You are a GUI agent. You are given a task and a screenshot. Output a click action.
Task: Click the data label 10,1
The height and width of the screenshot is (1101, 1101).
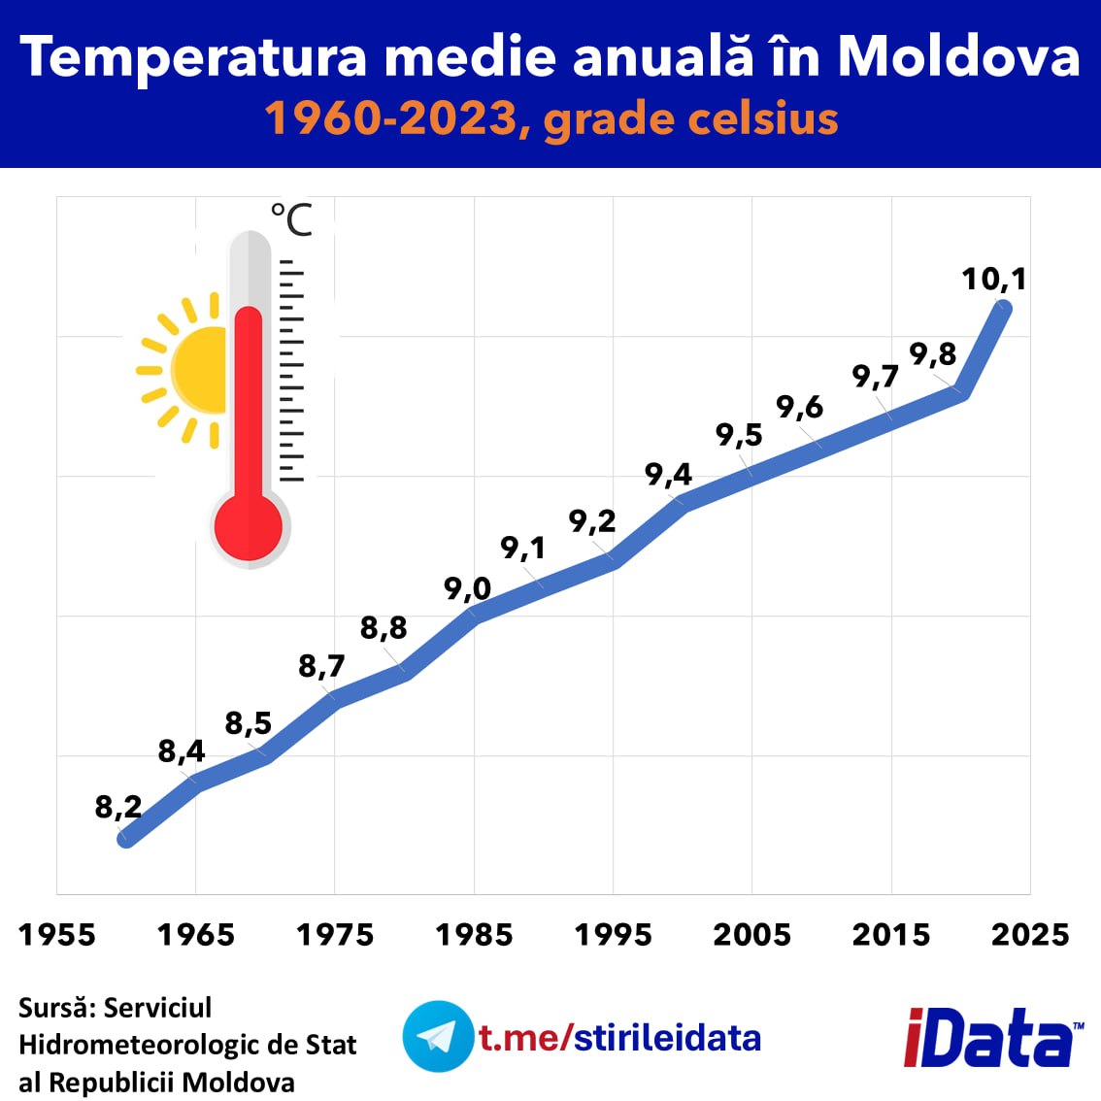point(993,280)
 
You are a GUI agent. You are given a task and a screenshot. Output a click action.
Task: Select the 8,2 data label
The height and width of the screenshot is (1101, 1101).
point(118,808)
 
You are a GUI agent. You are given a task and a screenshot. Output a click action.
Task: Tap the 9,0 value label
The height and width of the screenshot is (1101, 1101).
point(467,588)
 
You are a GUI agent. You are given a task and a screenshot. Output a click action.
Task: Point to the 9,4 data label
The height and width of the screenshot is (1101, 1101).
point(668,475)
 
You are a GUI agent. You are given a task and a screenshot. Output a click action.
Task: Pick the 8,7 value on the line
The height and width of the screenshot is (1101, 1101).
point(321,666)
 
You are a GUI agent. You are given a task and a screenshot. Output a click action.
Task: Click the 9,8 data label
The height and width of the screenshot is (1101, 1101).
point(933,353)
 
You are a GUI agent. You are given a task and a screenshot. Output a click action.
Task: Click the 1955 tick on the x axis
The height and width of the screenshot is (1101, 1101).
point(57,935)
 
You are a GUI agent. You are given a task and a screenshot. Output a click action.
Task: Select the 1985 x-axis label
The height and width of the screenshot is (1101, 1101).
point(474,935)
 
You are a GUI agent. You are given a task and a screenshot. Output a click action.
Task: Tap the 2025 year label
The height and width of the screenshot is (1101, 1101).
point(1030,935)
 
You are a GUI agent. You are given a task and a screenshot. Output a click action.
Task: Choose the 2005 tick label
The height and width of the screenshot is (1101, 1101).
point(752,935)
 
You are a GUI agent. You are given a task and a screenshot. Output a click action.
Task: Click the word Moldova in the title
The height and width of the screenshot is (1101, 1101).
point(959,55)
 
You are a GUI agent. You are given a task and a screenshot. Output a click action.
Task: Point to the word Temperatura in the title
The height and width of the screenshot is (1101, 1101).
point(193,58)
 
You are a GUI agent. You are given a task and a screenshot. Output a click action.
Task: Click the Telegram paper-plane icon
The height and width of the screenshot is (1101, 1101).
point(438,1036)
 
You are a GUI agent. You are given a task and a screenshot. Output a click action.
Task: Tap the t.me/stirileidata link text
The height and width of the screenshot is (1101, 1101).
point(620,1037)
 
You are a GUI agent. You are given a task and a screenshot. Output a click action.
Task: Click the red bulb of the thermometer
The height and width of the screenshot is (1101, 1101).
point(249,526)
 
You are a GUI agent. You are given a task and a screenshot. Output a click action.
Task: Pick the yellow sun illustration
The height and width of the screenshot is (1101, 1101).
point(182,370)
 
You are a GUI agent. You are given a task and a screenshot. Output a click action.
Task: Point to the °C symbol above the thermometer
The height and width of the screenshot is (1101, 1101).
point(291,219)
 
